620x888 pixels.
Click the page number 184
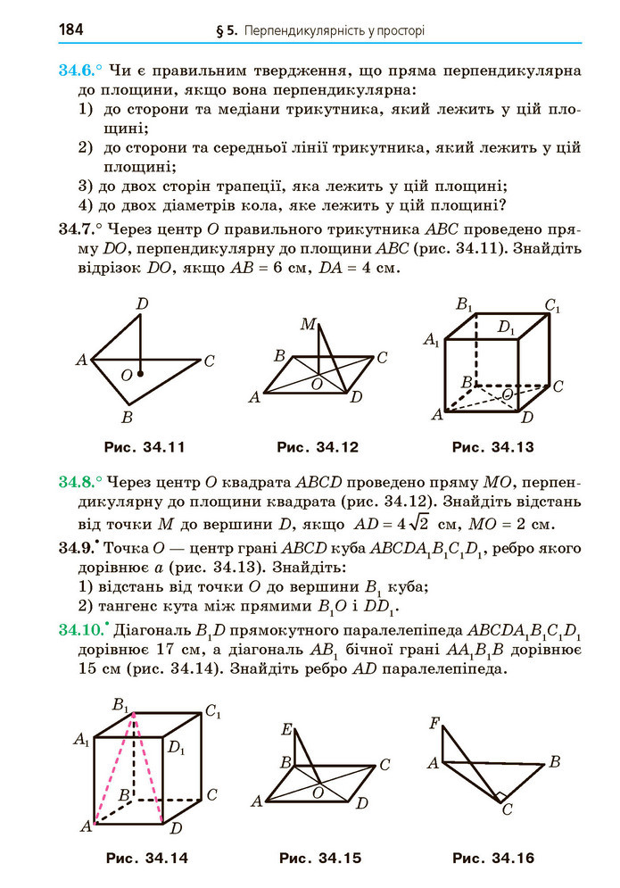pos(70,29)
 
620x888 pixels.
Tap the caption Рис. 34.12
pos(317,446)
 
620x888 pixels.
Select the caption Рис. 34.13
pos(492,446)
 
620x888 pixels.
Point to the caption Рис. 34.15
pos(320,859)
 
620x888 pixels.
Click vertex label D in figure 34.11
pos(142,304)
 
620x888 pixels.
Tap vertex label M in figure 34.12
pos(308,324)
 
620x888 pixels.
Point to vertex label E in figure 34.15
pos(287,730)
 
